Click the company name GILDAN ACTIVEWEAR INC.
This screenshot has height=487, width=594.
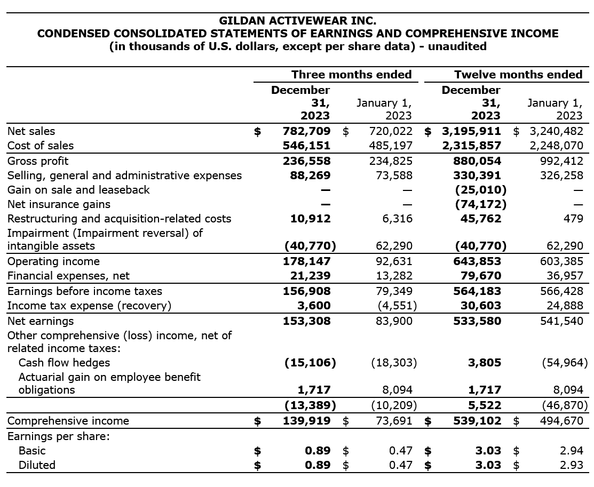coord(297,21)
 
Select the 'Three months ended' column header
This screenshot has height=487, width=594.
coord(351,75)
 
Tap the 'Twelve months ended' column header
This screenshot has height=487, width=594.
coord(518,75)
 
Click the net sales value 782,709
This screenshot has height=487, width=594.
coord(306,131)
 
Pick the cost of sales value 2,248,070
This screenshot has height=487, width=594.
coord(556,146)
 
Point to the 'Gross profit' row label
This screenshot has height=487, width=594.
coord(38,161)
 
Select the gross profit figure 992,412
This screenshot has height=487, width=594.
coord(561,161)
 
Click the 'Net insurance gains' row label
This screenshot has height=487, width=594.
coord(59,204)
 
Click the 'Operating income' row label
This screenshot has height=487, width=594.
coord(53,261)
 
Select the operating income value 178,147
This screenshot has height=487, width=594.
coord(306,261)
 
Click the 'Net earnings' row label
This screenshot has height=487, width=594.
coord(41,321)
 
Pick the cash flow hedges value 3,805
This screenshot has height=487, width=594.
coord(485,363)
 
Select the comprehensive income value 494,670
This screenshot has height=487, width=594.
coord(561,421)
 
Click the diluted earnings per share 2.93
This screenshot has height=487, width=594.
coord(572,465)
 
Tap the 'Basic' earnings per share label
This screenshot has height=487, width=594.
coord(32,451)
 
